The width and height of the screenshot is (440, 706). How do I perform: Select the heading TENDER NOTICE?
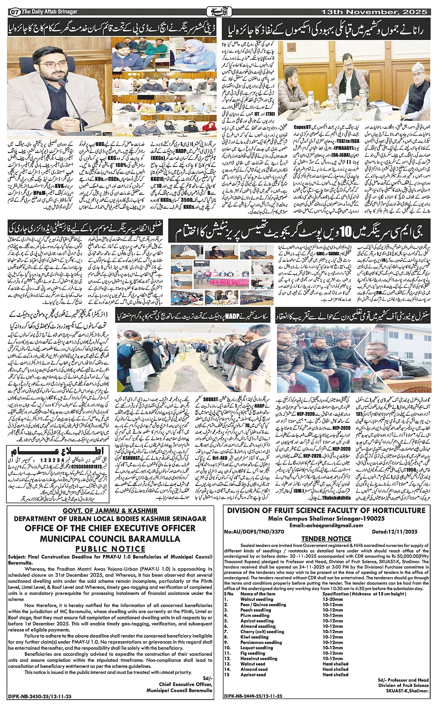click(x=326, y=539)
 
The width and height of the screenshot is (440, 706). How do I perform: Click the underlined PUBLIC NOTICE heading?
click(x=110, y=549)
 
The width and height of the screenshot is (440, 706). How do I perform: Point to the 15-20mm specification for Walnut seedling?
click(x=333, y=599)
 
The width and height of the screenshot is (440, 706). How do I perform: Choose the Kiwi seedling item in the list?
click(x=255, y=637)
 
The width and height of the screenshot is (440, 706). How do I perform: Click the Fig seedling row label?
click(x=253, y=653)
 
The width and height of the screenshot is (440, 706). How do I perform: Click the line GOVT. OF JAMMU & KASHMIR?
click(x=110, y=511)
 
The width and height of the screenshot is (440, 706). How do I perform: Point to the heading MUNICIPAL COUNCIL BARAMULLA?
click(x=110, y=539)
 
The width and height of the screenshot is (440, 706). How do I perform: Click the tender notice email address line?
click(x=326, y=525)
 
